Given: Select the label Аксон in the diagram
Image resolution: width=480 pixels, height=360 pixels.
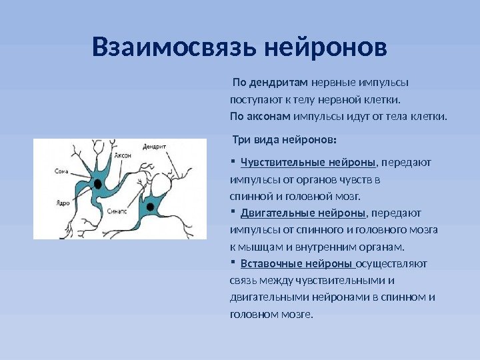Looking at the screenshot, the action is tap(123, 155).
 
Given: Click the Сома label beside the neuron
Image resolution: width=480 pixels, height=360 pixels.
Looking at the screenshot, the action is tap(63, 171).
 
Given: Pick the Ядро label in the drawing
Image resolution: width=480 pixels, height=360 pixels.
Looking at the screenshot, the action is tap(63, 203).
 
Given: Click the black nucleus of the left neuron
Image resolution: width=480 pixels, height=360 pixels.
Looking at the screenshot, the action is tap(98, 183).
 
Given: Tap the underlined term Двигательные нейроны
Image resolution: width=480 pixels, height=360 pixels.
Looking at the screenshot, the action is tap(303, 213).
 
